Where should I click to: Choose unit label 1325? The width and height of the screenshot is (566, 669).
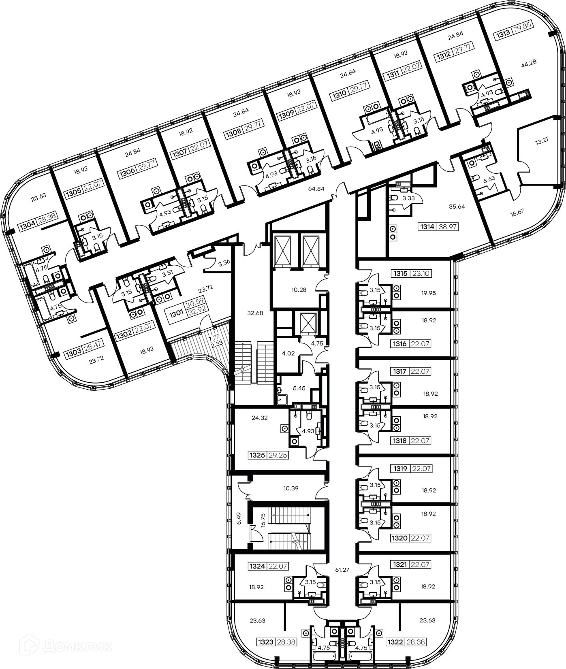pos(257,455)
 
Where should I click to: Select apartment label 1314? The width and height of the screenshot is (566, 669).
pos(427,227)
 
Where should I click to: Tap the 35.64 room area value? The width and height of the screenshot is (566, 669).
pos(457,206)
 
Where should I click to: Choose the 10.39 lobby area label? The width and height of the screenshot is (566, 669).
pos(290,488)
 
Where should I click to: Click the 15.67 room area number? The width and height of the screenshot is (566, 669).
pos(517,213)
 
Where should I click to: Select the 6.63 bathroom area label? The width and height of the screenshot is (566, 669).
pos(489,178)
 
